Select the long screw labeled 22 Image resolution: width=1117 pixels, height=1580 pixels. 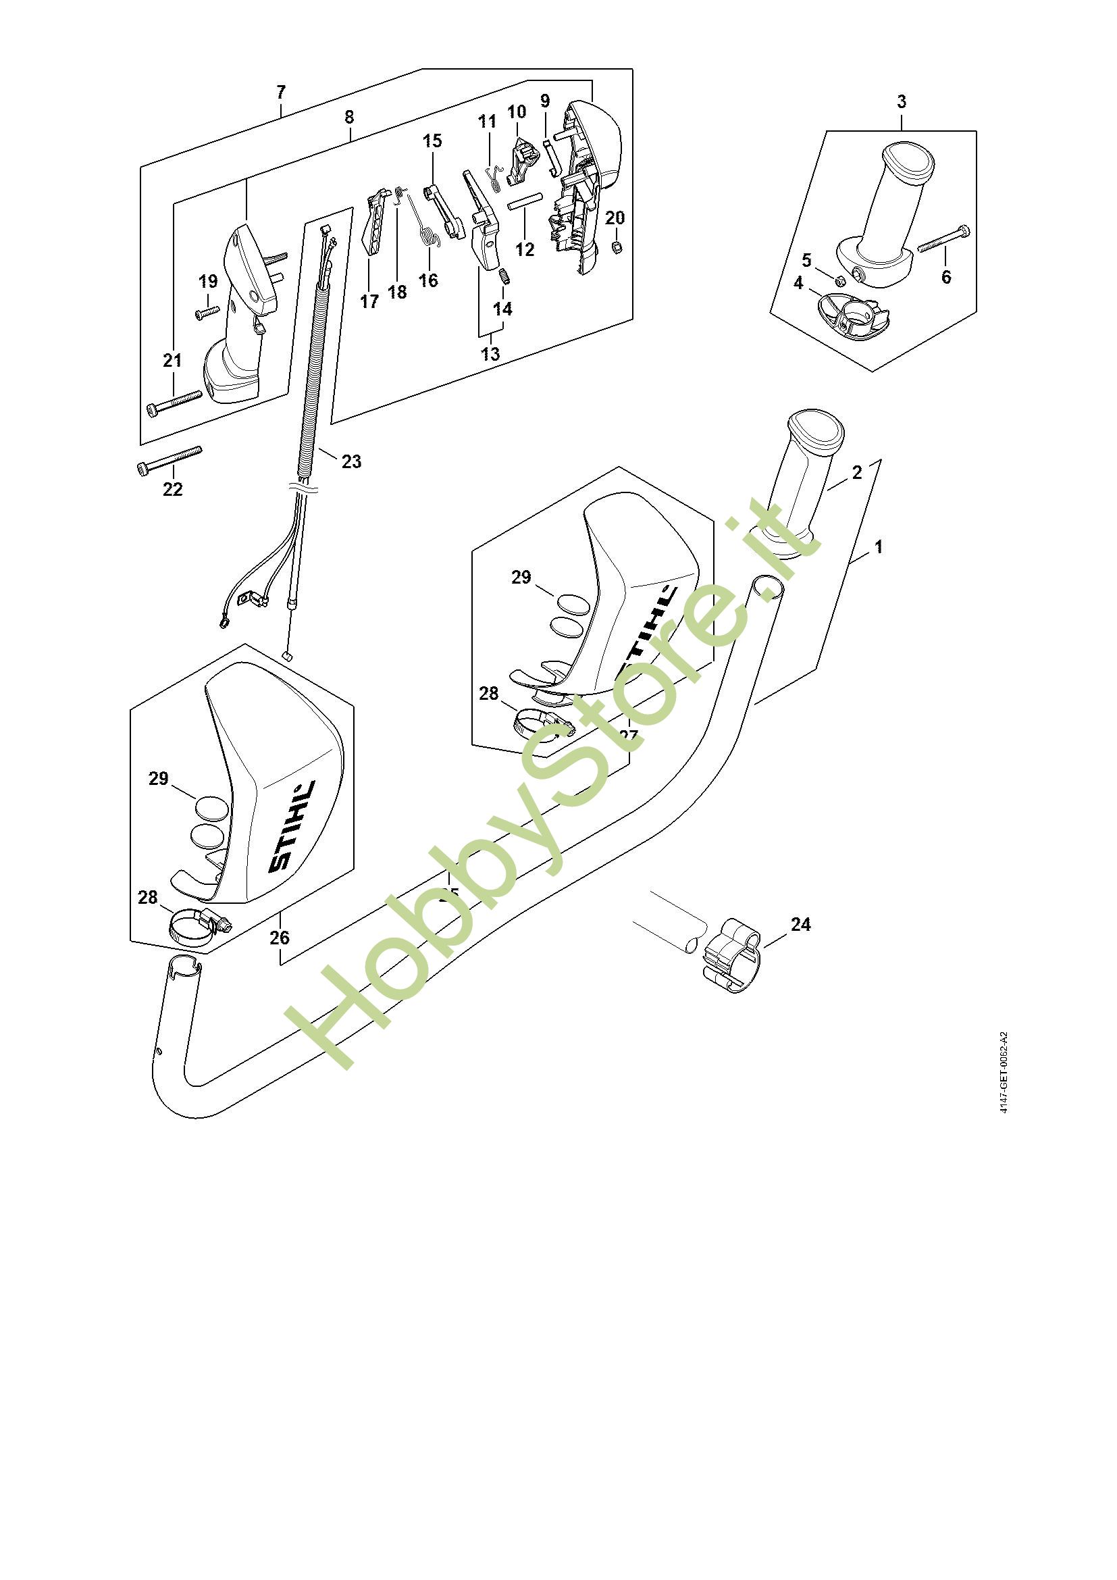[170, 459]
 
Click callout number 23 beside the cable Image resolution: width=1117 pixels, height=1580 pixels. [351, 461]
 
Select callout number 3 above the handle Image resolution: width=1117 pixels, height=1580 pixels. [901, 101]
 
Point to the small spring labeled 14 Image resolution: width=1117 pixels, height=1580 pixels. [503, 277]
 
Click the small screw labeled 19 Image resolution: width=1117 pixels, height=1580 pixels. [207, 313]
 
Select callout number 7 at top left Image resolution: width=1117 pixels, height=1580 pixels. [280, 91]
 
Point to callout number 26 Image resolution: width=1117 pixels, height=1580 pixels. [280, 938]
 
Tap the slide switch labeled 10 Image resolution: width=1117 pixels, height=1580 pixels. [522, 160]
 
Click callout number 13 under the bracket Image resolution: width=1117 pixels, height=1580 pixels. [490, 354]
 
